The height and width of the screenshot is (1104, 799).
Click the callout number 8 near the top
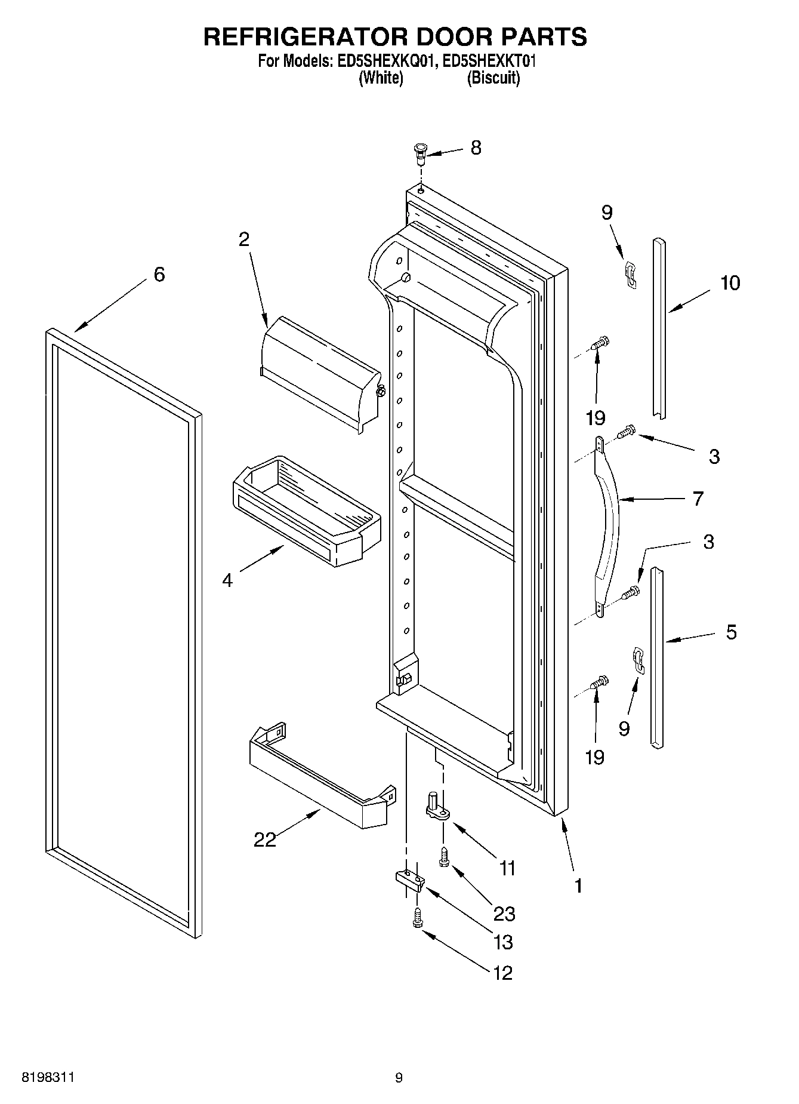pos(476,147)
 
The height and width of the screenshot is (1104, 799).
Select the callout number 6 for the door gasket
pos(159,275)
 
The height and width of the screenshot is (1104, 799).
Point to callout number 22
pos(265,839)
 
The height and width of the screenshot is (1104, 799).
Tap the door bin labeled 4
pos(304,511)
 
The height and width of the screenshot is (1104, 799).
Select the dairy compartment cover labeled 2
pos(319,373)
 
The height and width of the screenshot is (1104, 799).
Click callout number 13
pos(504,942)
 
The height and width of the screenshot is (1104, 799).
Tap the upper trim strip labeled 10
pos(659,328)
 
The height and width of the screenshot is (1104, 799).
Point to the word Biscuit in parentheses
pos(493,78)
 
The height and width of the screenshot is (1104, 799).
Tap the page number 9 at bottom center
pos(399,1078)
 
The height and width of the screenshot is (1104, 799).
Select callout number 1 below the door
pos(577,885)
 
